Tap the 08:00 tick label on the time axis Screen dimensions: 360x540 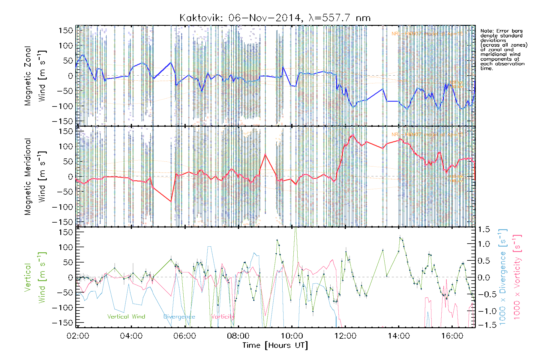[x=238, y=336]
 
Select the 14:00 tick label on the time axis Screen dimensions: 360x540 [x=399, y=336]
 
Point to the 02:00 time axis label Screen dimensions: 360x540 [x=78, y=336]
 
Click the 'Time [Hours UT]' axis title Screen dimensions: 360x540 [x=275, y=345]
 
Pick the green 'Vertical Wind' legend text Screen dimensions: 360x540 [x=126, y=316]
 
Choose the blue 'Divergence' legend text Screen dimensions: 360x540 [x=179, y=316]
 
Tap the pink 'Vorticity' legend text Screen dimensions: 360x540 [x=223, y=316]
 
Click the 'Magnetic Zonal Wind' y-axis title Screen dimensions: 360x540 [x=35, y=76]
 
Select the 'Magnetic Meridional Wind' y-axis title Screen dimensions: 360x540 [x=35, y=176]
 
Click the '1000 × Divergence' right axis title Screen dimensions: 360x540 [x=503, y=277]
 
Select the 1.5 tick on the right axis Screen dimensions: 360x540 [x=484, y=229]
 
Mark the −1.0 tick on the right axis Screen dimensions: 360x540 [x=483, y=311]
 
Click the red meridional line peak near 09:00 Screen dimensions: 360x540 [x=265, y=154]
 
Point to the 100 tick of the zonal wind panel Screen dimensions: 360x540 [x=66, y=46]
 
